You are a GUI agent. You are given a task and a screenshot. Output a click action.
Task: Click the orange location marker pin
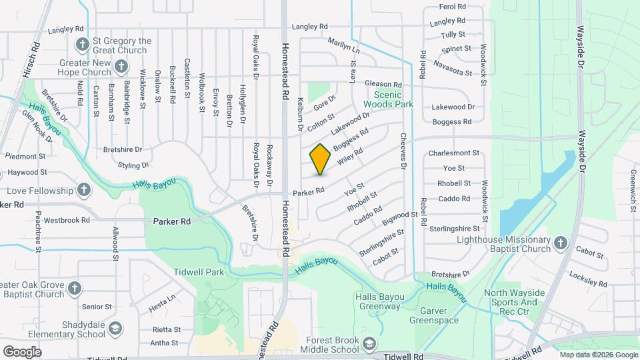(321, 159)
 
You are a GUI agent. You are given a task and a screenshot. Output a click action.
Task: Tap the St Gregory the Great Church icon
(83, 45)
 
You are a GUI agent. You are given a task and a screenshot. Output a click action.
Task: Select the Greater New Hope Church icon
(121, 66)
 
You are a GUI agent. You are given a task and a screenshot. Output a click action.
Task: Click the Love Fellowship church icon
(83, 191)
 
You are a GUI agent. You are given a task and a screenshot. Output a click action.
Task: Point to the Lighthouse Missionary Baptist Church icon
(560, 243)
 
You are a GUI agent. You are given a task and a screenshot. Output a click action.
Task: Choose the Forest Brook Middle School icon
(369, 344)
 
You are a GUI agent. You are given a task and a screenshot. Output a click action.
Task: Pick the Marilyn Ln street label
(343, 46)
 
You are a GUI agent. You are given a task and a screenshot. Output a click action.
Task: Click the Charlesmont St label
(453, 153)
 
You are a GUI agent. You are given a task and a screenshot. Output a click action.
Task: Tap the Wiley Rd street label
(349, 157)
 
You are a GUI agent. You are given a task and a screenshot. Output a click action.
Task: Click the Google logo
(22, 351)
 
